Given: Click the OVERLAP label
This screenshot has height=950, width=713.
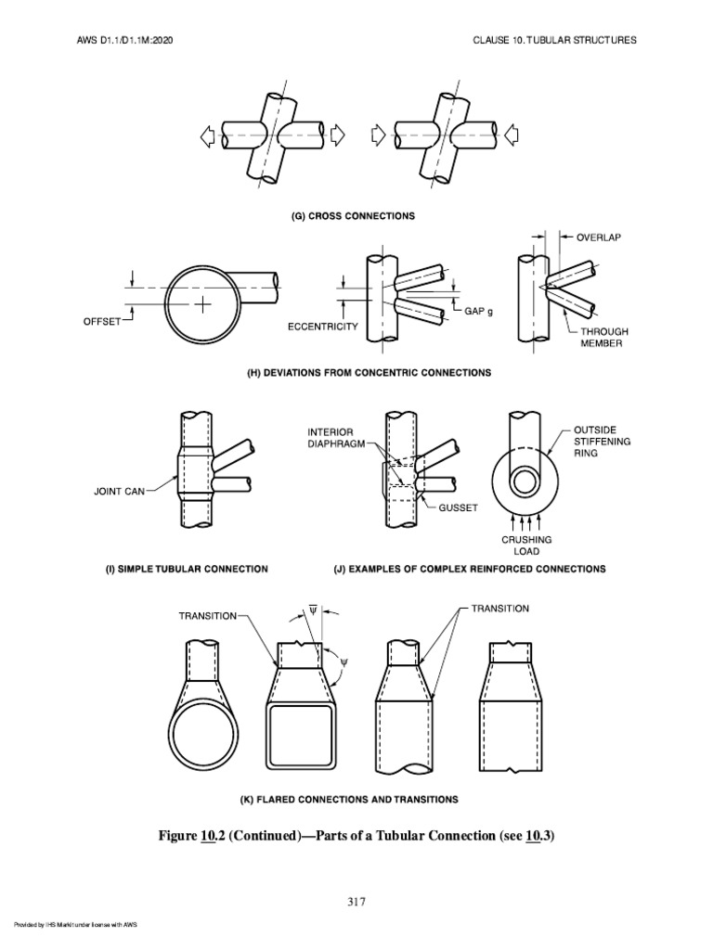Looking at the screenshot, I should pyautogui.click(x=599, y=237).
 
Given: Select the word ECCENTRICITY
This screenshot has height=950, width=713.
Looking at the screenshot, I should pyautogui.click(x=321, y=327).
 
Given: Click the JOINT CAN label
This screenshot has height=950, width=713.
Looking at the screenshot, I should pyautogui.click(x=120, y=492).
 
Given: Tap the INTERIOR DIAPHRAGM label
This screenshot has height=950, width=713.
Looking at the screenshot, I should pyautogui.click(x=334, y=437).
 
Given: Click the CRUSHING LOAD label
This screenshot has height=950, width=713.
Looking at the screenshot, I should pyautogui.click(x=526, y=545).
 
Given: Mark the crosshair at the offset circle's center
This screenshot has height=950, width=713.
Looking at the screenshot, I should pyautogui.click(x=201, y=303).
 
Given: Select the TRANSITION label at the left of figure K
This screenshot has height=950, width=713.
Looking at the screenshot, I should pyautogui.click(x=210, y=614).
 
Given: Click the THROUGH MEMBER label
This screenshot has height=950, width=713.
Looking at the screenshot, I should pyautogui.click(x=604, y=337).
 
